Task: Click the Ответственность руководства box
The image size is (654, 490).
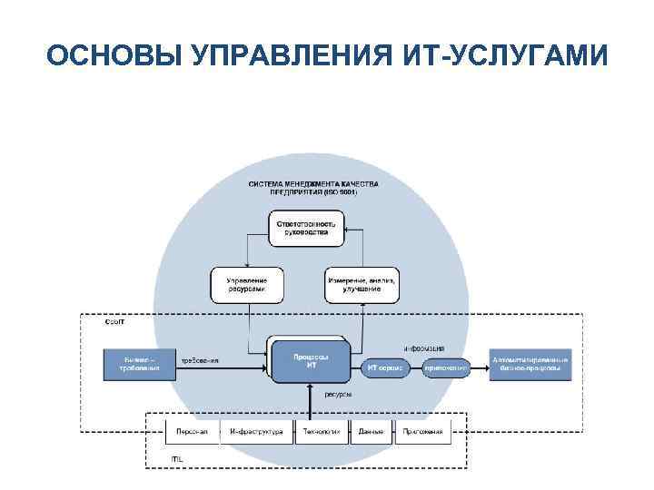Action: (304, 228)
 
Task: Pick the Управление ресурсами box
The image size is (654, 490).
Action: (246, 285)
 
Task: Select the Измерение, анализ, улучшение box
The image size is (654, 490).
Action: (362, 285)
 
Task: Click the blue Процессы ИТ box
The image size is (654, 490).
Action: (311, 360)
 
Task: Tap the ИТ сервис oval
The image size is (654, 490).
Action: (384, 368)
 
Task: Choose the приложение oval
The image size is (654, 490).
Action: (444, 368)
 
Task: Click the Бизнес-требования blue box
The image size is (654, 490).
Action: (139, 364)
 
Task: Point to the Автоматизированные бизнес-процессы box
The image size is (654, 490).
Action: (531, 364)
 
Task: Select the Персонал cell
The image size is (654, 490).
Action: (193, 432)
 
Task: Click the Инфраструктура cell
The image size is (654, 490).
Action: (256, 432)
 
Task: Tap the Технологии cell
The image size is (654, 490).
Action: (322, 432)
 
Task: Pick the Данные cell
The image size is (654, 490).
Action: (370, 432)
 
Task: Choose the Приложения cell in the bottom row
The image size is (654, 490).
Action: (422, 432)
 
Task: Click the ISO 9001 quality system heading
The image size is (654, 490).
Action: (313, 188)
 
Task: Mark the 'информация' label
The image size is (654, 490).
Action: (424, 348)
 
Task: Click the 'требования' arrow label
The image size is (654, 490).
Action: (200, 361)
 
